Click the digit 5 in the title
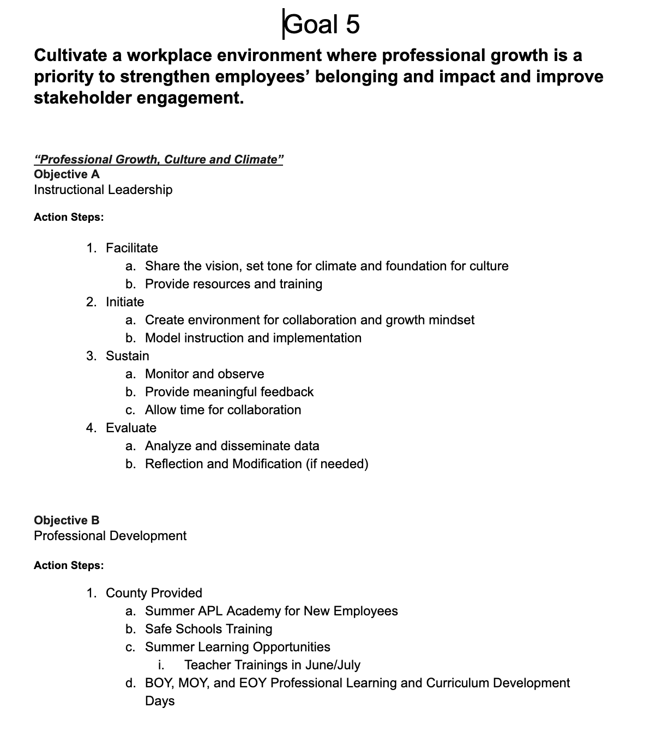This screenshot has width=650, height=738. click(352, 25)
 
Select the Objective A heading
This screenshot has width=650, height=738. click(67, 174)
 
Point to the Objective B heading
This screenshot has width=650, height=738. click(67, 521)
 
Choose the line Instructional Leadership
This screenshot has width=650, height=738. click(103, 190)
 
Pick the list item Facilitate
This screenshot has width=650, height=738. click(131, 248)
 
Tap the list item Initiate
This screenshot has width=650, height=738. click(125, 302)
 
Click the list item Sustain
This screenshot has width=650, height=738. click(127, 356)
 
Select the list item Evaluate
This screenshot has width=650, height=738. click(131, 428)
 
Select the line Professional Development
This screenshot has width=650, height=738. click(110, 536)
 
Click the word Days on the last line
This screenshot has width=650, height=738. click(160, 701)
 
